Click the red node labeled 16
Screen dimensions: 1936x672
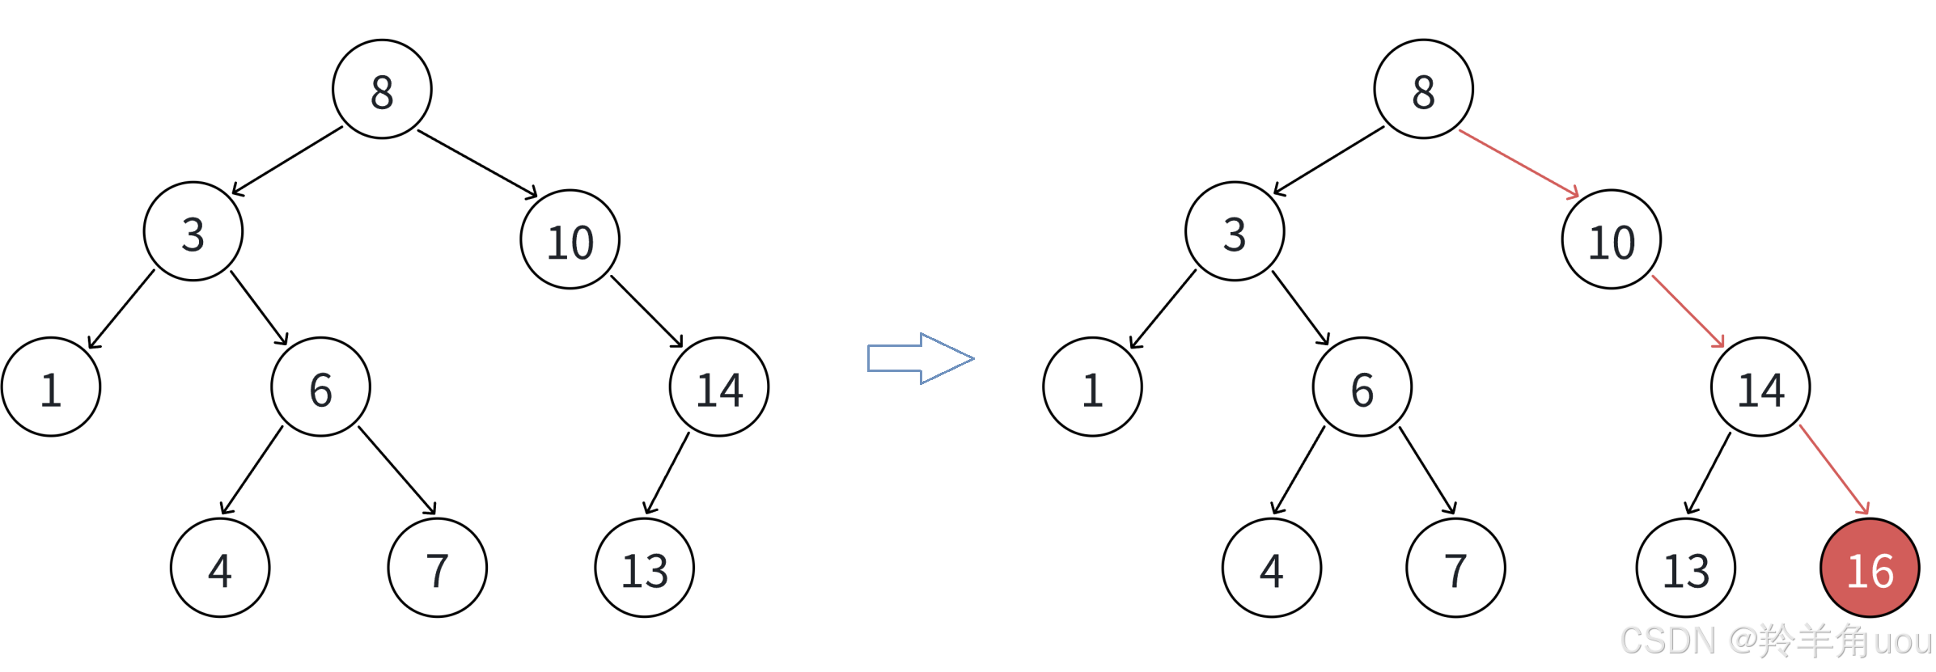click(x=1870, y=568)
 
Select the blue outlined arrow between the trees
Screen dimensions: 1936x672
click(x=920, y=358)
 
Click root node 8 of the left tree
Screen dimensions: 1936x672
click(x=382, y=89)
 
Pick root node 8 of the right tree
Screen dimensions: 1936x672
click(x=1423, y=89)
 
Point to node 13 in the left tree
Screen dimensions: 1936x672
click(x=644, y=568)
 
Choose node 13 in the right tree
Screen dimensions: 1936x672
click(x=1685, y=568)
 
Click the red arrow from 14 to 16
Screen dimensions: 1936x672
click(x=1834, y=470)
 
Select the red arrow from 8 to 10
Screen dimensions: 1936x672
click(x=1519, y=163)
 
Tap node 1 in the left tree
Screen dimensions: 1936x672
click(x=51, y=387)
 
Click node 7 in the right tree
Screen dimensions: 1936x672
click(x=1455, y=568)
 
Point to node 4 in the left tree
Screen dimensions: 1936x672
click(x=220, y=568)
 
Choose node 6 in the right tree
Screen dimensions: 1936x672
click(x=1362, y=387)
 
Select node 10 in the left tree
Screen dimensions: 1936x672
click(x=570, y=239)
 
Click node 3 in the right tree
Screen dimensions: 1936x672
click(x=1235, y=231)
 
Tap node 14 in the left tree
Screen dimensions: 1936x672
click(x=719, y=387)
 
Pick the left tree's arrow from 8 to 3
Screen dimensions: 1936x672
click(x=287, y=161)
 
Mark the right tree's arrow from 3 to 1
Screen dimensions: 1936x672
click(x=1163, y=309)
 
